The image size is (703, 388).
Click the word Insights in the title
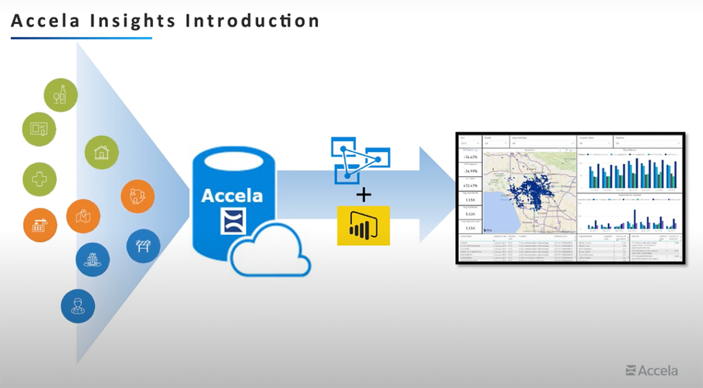[121, 21]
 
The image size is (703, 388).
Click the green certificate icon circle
[39, 129]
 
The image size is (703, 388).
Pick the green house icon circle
[101, 152]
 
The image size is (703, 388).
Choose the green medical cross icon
[39, 180]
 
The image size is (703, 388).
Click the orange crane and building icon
[40, 224]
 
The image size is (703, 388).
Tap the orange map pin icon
[83, 216]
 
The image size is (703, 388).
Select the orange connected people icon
[138, 196]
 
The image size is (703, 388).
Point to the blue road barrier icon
[143, 246]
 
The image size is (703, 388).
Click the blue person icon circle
[78, 306]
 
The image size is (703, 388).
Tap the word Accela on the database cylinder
[232, 196]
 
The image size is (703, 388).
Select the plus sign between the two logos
[364, 195]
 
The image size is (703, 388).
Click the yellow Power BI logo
[363, 226]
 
